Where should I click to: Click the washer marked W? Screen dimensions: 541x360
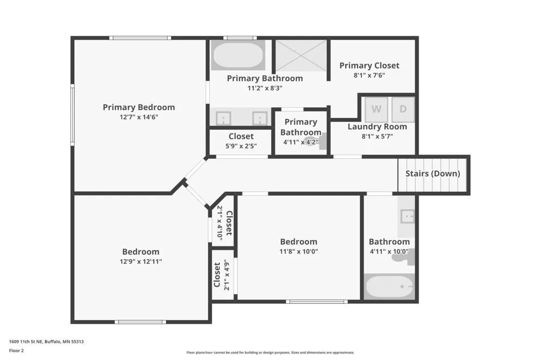coord(377,109)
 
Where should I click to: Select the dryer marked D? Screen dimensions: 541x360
coord(403,109)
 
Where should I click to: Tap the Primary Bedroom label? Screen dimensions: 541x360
coord(138,107)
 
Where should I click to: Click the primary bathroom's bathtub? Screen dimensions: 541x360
coord(238,55)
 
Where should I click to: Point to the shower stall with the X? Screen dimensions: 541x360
coord(301,56)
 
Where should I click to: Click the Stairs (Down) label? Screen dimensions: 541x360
coord(433,174)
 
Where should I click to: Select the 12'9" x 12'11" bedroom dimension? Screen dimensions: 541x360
coord(141,262)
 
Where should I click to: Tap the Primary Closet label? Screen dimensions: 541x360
coord(369,65)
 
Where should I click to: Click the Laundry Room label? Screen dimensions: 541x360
coord(377,126)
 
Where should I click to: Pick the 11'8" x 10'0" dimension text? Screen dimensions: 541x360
coord(299,251)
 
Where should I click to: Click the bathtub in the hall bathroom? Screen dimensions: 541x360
coord(390,287)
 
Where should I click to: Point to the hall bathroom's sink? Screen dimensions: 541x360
coord(407,217)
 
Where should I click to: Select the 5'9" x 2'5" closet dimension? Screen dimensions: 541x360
coord(241,146)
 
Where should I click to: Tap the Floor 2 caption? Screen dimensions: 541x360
coord(16,351)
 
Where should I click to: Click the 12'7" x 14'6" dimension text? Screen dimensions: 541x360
coord(138,117)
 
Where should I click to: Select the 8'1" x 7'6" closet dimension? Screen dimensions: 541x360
coord(369,75)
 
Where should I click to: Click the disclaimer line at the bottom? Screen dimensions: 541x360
coord(270,352)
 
